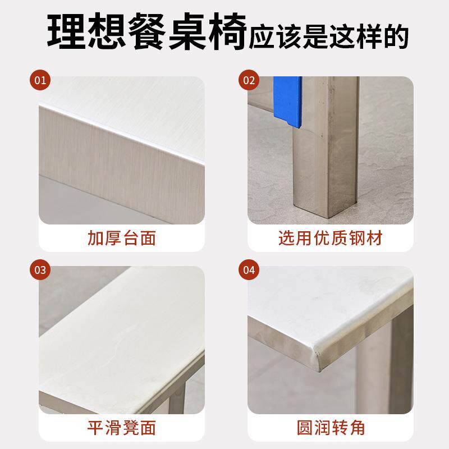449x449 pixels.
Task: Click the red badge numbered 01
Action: (40, 80)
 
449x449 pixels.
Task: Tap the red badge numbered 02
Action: (249, 80)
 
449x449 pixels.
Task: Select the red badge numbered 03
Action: (40, 270)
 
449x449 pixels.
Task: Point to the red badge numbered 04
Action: (249, 270)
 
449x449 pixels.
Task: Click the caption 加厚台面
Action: (122, 238)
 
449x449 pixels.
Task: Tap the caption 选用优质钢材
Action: (331, 238)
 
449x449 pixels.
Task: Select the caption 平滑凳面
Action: (122, 428)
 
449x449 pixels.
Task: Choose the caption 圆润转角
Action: (331, 428)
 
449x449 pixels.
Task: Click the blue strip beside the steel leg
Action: (287, 101)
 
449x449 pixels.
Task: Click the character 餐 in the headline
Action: (146, 31)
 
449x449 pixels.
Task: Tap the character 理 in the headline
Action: (66, 31)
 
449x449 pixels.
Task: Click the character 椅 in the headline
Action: (227, 31)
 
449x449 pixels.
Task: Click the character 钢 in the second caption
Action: (357, 238)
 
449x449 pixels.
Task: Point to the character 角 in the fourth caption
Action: (357, 428)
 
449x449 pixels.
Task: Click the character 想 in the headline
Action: (107, 31)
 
